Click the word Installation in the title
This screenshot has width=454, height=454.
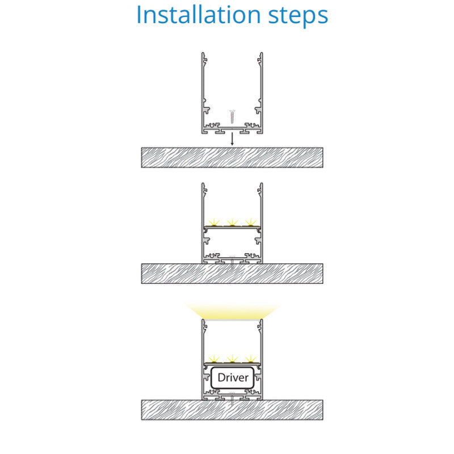[198, 15]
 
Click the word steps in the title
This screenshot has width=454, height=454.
[299, 17]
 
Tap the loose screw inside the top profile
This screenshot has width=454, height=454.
[232, 116]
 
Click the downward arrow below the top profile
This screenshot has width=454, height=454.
[232, 139]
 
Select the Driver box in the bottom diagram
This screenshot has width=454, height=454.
[233, 377]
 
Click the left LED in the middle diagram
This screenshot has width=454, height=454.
[215, 222]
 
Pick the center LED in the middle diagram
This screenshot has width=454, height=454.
[232, 222]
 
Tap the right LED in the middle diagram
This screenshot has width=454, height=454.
[250, 222]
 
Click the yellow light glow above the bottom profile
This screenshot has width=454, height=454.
[233, 311]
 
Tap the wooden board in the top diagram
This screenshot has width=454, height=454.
[232, 158]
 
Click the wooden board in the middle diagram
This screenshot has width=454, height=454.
[232, 274]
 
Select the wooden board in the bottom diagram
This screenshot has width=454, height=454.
[232, 410]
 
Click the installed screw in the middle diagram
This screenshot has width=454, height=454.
[232, 263]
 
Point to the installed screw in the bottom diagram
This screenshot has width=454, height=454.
[232, 399]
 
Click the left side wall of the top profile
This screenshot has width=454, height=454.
[203, 93]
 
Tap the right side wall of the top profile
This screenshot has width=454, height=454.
[262, 93]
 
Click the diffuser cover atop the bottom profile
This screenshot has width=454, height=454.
[232, 320]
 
